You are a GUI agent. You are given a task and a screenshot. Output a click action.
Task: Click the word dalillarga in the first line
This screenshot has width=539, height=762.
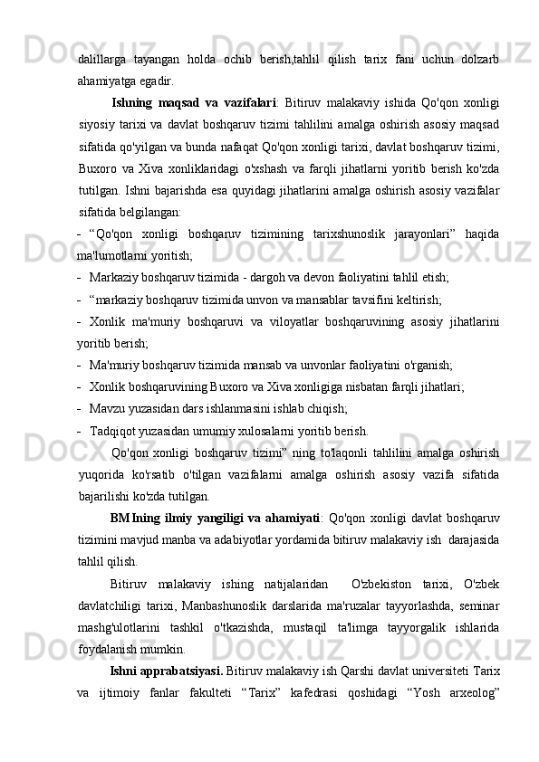click(x=101, y=60)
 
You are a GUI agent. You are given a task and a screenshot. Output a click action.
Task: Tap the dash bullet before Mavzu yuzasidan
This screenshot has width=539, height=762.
click(x=81, y=408)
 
